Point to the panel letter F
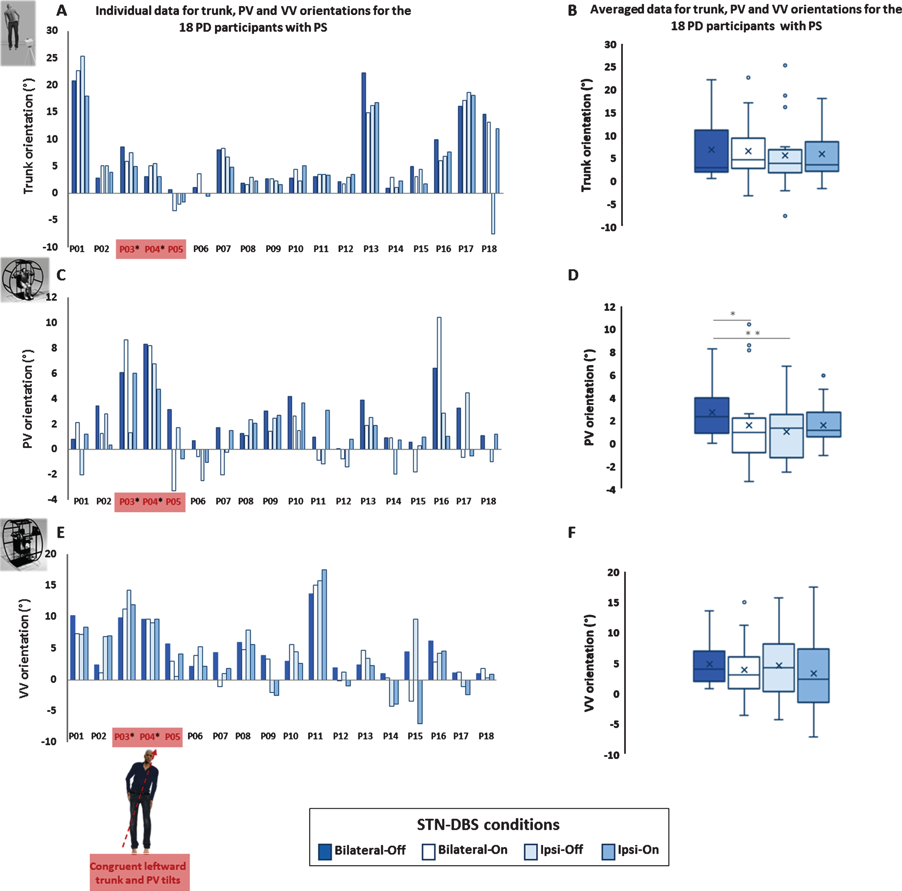point(572,533)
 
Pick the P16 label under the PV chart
point(441,501)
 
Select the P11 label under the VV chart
point(315,736)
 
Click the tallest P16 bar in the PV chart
point(439,383)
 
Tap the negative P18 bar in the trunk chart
point(493,213)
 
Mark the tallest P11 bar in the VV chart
point(324,625)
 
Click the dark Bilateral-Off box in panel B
point(712,151)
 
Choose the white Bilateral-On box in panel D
point(749,435)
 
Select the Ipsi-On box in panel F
point(813,675)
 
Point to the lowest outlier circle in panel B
point(785,216)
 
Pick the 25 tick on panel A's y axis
point(52,58)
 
